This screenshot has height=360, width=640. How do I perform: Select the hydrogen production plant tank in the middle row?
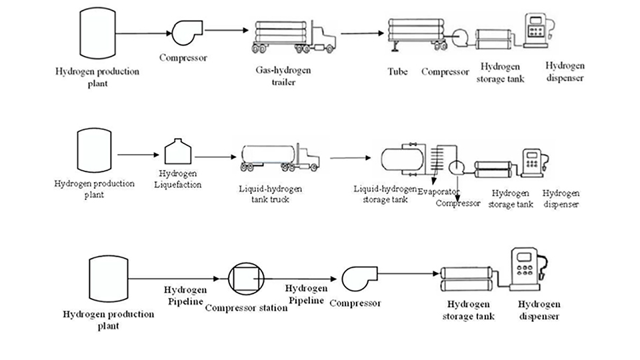93,151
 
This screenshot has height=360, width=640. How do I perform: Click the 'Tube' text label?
398,71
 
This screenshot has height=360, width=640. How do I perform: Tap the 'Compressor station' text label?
242,307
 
